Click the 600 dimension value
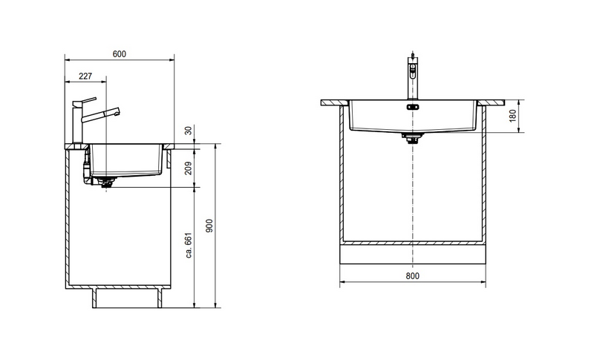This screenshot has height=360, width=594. pos(120,54)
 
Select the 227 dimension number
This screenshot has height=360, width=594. pos(85,76)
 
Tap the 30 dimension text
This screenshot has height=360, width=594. pos(189,131)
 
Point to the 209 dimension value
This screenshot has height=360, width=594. pos(189,168)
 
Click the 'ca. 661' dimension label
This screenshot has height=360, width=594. pos(189,245)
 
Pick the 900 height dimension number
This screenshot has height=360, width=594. pos(209,226)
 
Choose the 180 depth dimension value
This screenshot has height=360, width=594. pos(513,116)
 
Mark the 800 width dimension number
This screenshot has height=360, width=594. pos(413,276)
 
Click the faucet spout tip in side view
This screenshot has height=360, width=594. pos(118,111)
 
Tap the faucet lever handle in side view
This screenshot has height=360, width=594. pos(85,101)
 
